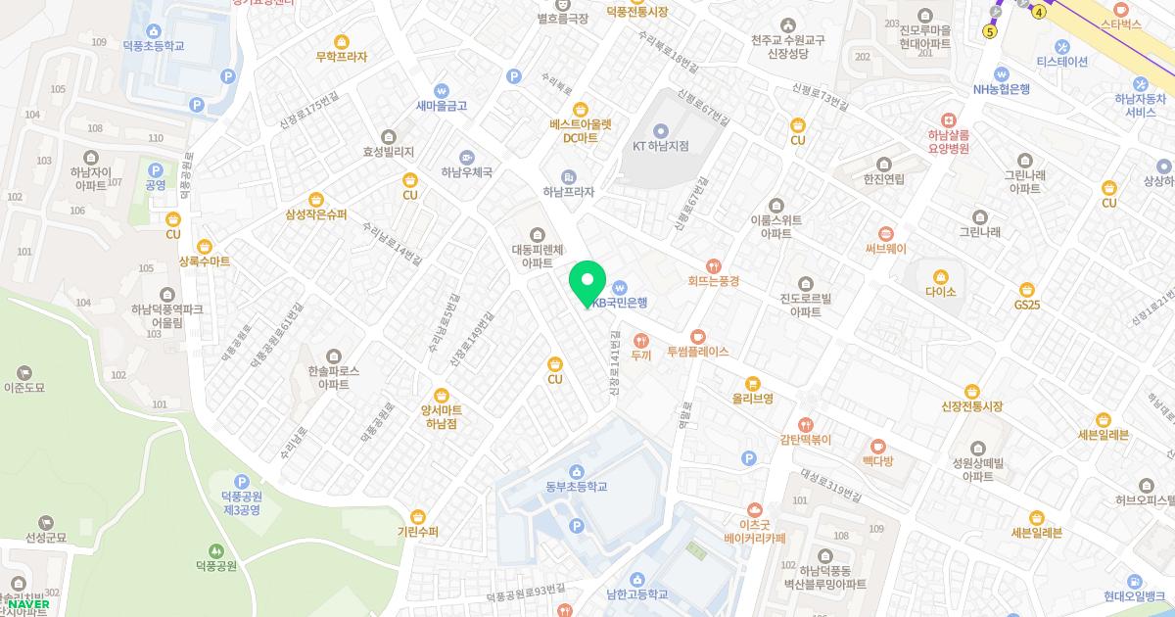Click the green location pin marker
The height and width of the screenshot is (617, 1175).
tap(587, 282)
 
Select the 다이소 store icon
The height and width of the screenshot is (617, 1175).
tap(940, 276)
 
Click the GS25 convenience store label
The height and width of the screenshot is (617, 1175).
tap(1027, 306)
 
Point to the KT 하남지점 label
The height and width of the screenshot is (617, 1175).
tap(660, 146)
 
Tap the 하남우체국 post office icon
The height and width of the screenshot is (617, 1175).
tap(466, 157)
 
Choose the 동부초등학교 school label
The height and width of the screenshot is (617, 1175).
tap(577, 487)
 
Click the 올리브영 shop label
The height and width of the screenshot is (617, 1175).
tap(753, 399)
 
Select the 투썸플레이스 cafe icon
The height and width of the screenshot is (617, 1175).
tap(697, 336)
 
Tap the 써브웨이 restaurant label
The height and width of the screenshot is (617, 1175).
tap(886, 249)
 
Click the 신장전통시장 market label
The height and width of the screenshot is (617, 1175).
tap(972, 406)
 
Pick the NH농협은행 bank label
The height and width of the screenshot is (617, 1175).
tap(1002, 89)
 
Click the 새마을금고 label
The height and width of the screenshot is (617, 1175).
tap(442, 106)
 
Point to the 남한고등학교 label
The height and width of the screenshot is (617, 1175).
tap(636, 594)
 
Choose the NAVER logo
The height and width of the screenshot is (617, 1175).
tap(27, 604)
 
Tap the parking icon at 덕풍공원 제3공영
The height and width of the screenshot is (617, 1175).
tap(242, 481)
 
